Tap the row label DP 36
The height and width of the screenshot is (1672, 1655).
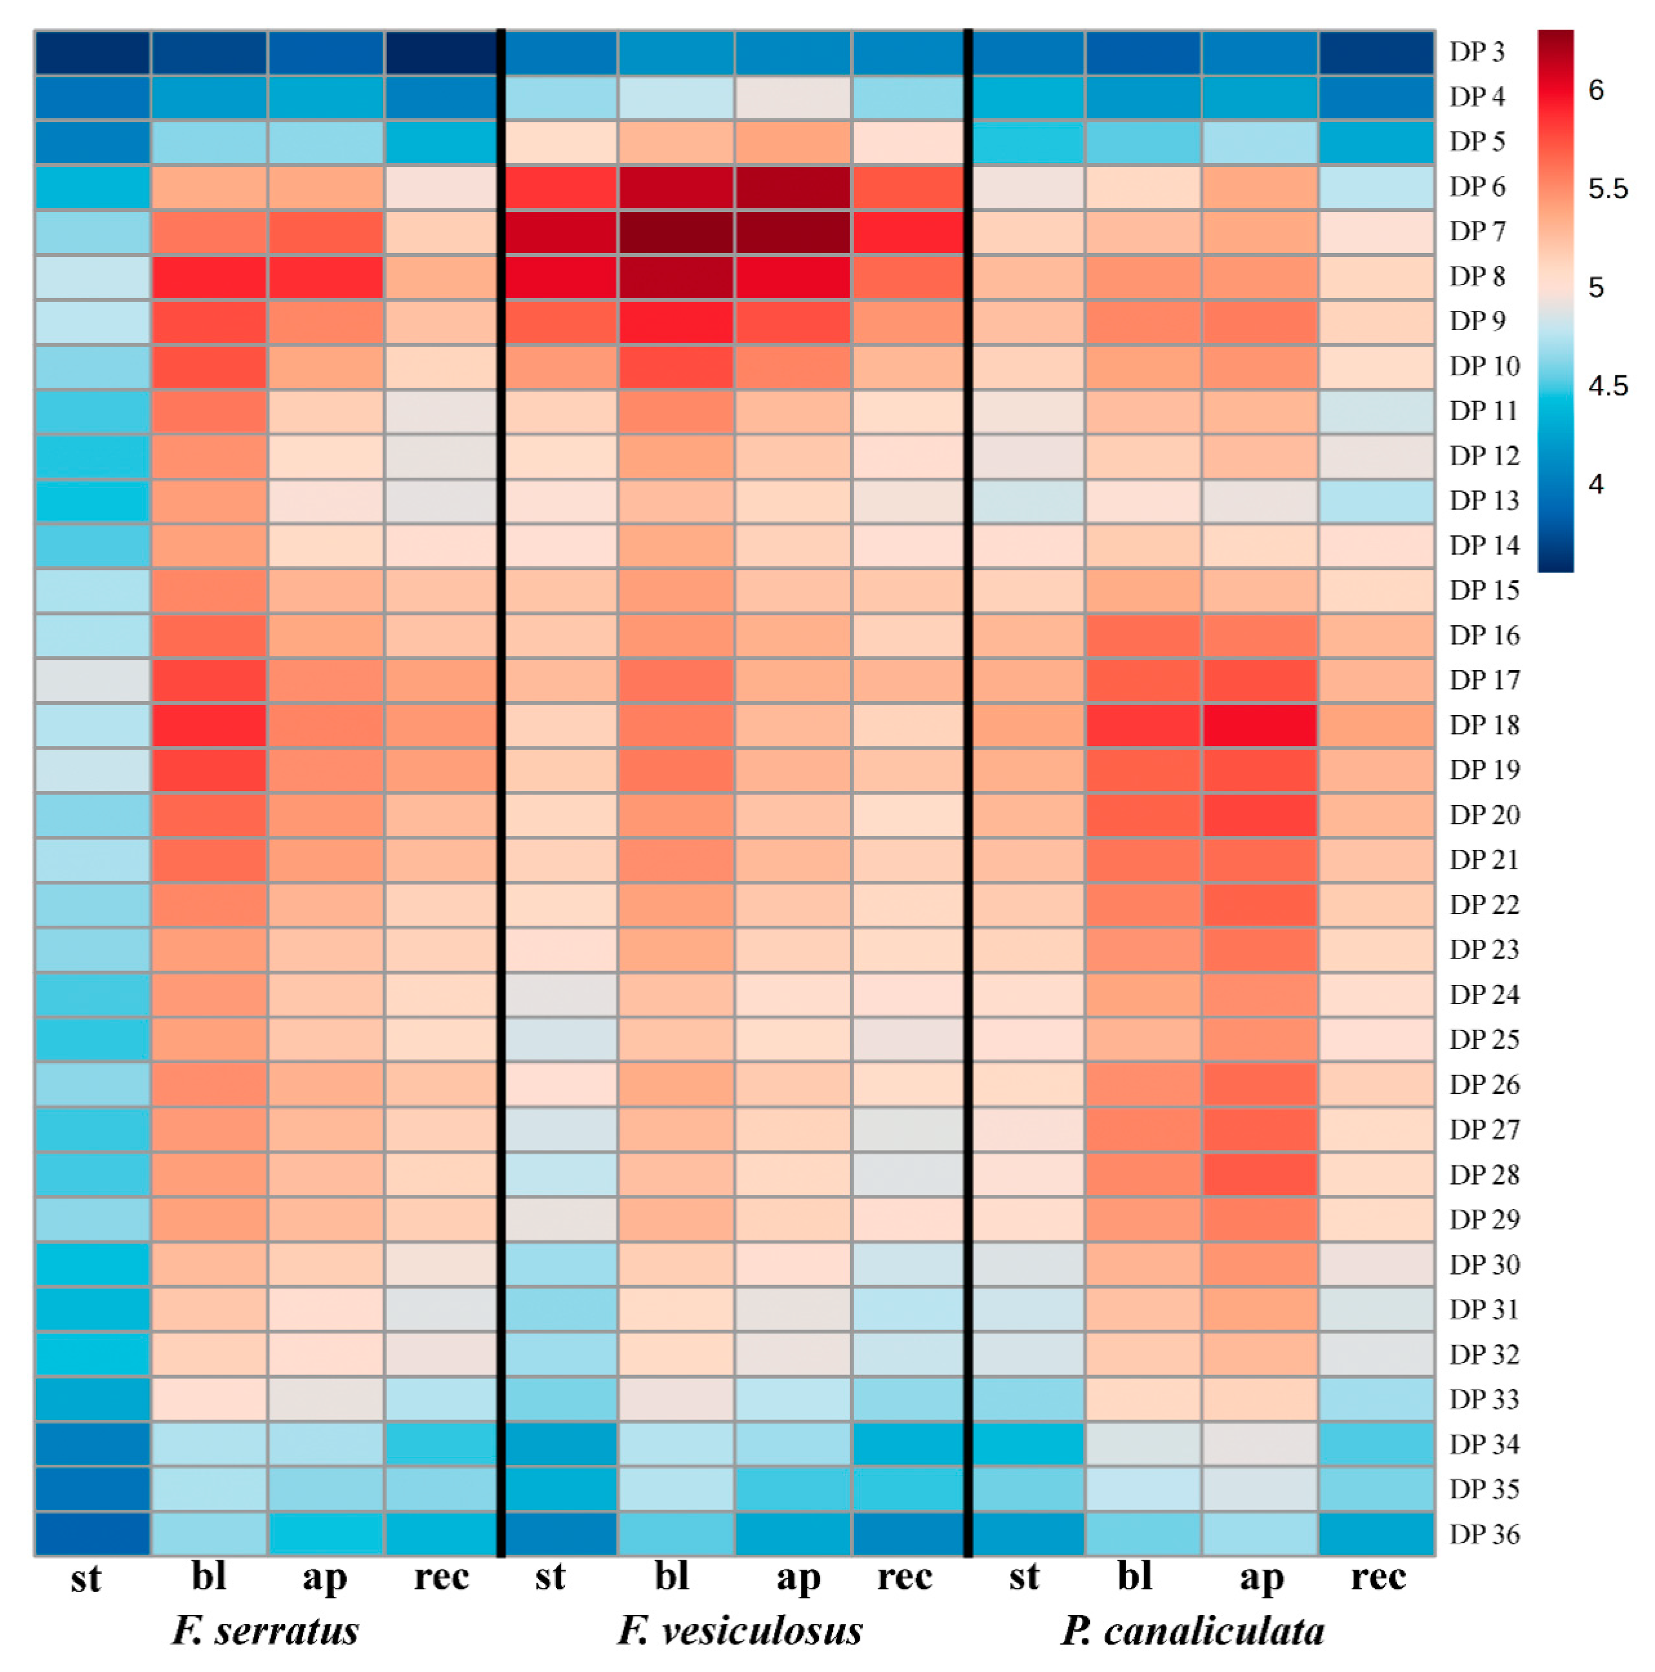pyautogui.click(x=1484, y=1534)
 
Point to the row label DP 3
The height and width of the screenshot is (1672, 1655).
pyautogui.click(x=1477, y=52)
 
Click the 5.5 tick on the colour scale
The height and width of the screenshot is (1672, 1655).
pyautogui.click(x=1607, y=189)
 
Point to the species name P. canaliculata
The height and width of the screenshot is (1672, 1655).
pyautogui.click(x=1193, y=1630)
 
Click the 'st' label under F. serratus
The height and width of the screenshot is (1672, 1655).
pyautogui.click(x=86, y=1578)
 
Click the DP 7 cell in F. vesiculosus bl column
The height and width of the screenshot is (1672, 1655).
pyautogui.click(x=676, y=231)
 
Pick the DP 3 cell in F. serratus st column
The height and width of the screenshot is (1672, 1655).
pyautogui.click(x=93, y=52)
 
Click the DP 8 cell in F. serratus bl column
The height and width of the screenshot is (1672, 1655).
pyautogui.click(x=209, y=276)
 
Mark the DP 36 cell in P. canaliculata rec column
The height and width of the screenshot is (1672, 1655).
pyautogui.click(x=1376, y=1534)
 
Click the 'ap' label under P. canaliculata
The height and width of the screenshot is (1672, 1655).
pyautogui.click(x=1261, y=1578)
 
